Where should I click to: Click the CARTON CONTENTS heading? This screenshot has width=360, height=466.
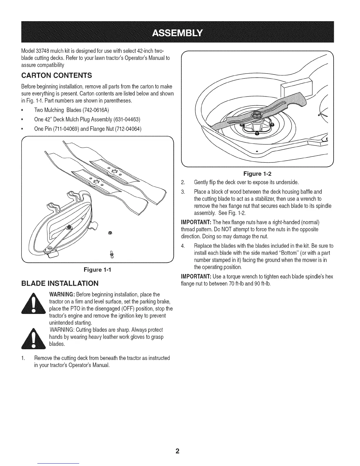coord(57,76)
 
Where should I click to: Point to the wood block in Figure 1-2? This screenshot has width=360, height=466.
coord(296,86)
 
